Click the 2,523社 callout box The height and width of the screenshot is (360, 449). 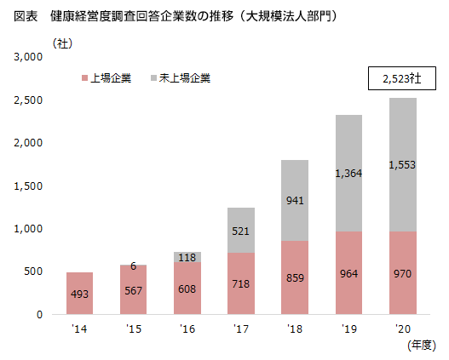pos(401,79)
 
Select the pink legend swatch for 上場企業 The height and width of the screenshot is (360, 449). pos(84,78)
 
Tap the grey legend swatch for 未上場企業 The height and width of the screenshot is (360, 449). pos(153,78)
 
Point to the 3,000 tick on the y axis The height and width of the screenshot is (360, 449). pos(29,57)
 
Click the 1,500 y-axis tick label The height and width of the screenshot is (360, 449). pos(29,186)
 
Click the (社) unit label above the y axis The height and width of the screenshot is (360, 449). pos(63,42)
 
